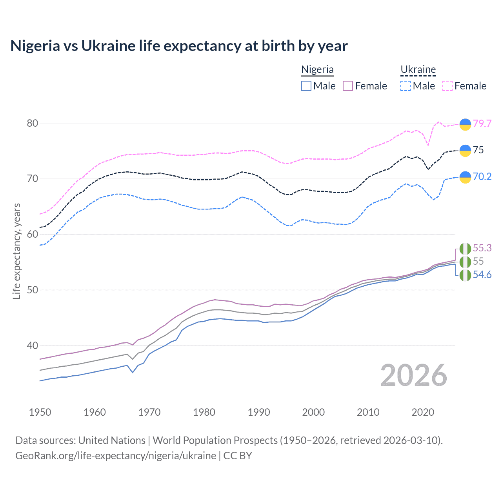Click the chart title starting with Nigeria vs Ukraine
coord(179,46)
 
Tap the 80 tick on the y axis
coord(33,123)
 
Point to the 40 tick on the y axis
coord(33,346)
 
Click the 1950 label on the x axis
coord(40,412)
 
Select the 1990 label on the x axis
coord(259,412)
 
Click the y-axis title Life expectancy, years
coord(16,251)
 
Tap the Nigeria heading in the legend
coord(317,69)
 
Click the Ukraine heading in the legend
coord(418,69)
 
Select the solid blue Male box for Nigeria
coord(306,86)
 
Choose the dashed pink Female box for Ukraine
coord(447,86)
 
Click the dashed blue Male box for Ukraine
coord(406,86)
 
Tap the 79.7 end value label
coord(482,124)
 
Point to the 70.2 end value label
coord(482,177)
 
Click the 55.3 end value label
coord(482,248)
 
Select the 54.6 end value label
coord(482,275)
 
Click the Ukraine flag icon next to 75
coord(465,150)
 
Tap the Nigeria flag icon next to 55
coord(465,262)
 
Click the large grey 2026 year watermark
coord(414,375)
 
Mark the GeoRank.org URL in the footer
coord(116,456)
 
